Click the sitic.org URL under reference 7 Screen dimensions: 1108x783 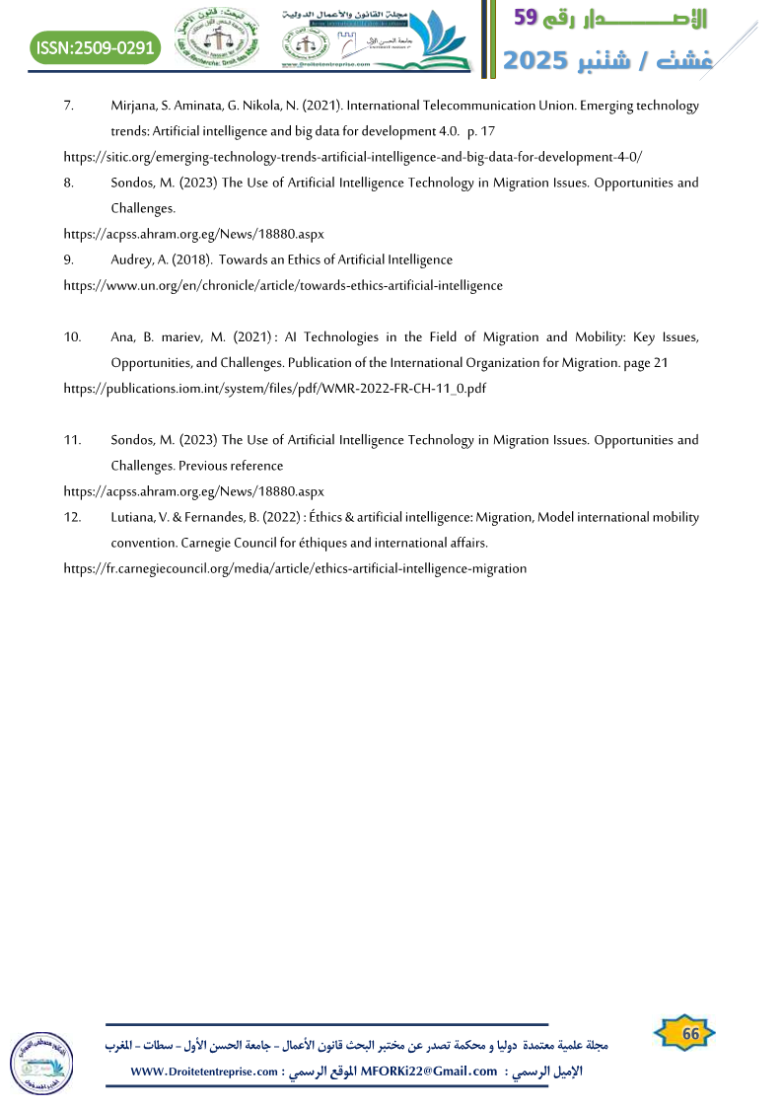pos(353,157)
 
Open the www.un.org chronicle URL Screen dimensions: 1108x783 pos(283,285)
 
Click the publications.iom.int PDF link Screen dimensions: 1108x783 pos(275,388)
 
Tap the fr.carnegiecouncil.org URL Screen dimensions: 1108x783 pos(295,568)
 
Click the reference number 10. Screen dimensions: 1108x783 pos(73,337)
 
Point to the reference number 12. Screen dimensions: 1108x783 pos(72,517)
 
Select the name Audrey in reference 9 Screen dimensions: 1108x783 pos(131,259)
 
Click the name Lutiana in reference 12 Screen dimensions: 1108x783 pos(132,517)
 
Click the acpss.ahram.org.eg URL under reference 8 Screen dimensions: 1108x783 pos(193,234)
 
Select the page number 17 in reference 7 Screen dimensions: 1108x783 pos(486,131)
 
